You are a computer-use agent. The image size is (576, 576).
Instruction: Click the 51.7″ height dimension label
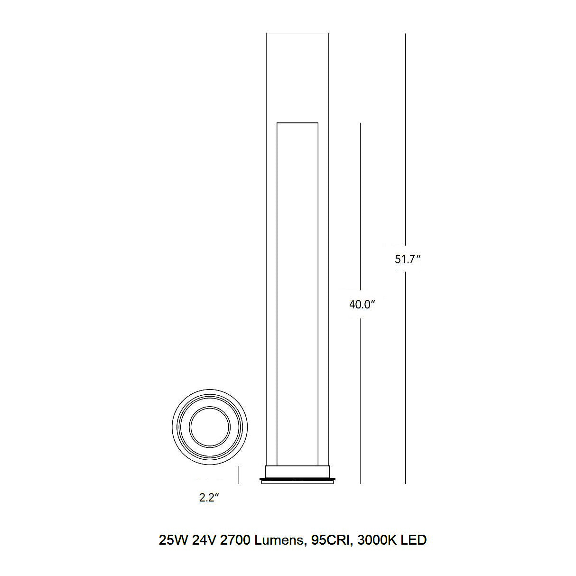click(408, 259)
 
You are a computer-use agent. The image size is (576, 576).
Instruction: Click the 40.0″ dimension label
click(362, 305)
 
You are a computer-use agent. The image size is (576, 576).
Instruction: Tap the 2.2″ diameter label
click(208, 498)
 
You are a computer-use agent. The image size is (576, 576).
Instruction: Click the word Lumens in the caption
click(278, 540)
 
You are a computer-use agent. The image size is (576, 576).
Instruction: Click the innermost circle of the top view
click(210, 427)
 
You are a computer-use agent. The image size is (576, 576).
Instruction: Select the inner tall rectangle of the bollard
click(297, 285)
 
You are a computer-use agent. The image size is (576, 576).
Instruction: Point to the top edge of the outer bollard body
click(297, 33)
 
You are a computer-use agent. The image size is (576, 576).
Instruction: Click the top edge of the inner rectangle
click(297, 123)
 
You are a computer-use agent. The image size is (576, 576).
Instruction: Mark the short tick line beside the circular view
click(239, 474)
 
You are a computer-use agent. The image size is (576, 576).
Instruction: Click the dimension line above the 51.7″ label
click(406, 142)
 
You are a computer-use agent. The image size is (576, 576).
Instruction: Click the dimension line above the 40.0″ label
click(361, 204)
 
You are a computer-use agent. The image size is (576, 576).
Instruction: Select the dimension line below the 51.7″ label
click(406, 380)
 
